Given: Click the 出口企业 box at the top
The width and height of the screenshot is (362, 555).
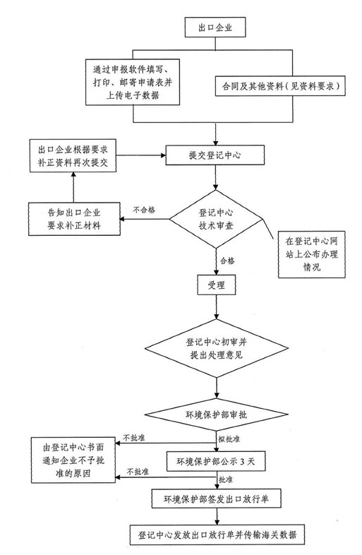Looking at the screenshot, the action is click(215, 28).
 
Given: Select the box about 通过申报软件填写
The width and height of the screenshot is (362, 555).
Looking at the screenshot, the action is click(133, 82).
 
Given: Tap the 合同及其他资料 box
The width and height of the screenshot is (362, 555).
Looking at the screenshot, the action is click(280, 85).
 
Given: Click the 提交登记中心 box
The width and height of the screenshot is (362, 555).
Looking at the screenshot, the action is click(215, 155).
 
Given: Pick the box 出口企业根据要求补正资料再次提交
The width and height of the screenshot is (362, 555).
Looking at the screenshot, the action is click(73, 156).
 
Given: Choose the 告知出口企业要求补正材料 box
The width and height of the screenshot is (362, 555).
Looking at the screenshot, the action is click(74, 219).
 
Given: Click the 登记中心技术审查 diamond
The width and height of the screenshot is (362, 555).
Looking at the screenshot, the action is click(215, 219).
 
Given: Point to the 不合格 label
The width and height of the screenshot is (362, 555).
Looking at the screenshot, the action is click(144, 210).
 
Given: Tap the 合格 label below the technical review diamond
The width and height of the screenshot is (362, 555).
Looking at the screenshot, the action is click(227, 261).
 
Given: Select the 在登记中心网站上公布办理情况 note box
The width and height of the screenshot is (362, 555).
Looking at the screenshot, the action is click(312, 254).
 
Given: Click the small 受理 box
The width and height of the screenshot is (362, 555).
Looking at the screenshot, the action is click(216, 285).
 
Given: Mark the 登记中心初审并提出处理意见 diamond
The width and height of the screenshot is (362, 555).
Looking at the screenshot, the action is click(217, 348).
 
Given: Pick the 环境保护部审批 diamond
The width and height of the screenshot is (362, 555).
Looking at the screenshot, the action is click(216, 414).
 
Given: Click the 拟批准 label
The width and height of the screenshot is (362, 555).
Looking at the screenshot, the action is click(229, 439).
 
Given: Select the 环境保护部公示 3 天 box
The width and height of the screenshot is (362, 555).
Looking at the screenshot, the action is click(215, 461).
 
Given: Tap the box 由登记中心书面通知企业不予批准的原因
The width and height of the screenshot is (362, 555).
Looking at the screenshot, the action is click(73, 460).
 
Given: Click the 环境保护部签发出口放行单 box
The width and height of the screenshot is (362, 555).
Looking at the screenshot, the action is click(216, 499).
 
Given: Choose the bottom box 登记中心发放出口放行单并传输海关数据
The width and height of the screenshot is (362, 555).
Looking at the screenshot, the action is click(217, 535).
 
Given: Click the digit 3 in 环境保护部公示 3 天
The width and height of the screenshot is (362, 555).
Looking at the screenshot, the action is click(243, 462).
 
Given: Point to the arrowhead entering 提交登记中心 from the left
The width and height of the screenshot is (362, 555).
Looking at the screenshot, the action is click(163, 155).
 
